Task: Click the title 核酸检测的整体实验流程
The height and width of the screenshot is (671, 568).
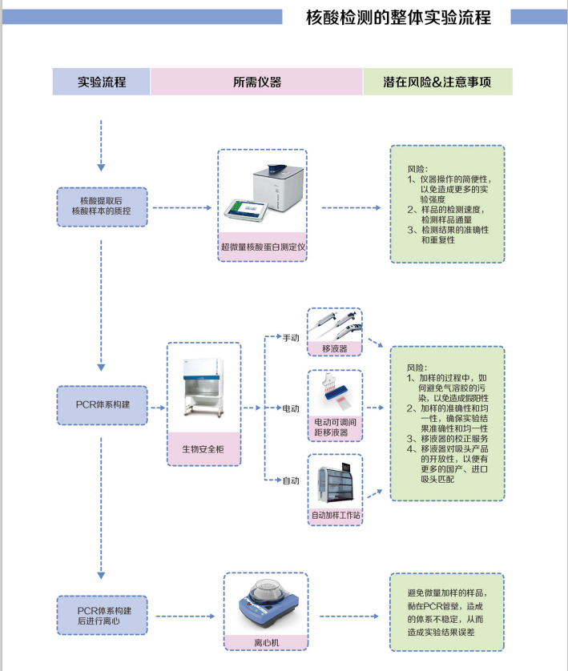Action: pyautogui.click(x=398, y=18)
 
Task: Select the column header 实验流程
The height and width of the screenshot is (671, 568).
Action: pyautogui.click(x=101, y=82)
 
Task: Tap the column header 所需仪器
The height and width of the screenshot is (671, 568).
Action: pyautogui.click(x=256, y=82)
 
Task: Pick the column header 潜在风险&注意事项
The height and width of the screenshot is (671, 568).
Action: pyautogui.click(x=437, y=82)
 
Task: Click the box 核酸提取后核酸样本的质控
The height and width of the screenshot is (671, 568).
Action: pyautogui.click(x=101, y=206)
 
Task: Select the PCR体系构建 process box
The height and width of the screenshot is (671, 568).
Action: pyautogui.click(x=101, y=404)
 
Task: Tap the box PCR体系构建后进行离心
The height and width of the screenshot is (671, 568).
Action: pyautogui.click(x=101, y=615)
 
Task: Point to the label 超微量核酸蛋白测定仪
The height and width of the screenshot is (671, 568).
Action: pyautogui.click(x=263, y=247)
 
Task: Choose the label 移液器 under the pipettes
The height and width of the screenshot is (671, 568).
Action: pyautogui.click(x=334, y=348)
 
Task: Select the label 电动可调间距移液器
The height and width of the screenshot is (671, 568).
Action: pyautogui.click(x=335, y=428)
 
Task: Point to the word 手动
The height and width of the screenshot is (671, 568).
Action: pyautogui.click(x=290, y=339)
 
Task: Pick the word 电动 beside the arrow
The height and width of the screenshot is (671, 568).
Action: pyautogui.click(x=290, y=408)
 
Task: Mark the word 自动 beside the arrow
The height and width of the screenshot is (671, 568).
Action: pyautogui.click(x=290, y=480)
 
